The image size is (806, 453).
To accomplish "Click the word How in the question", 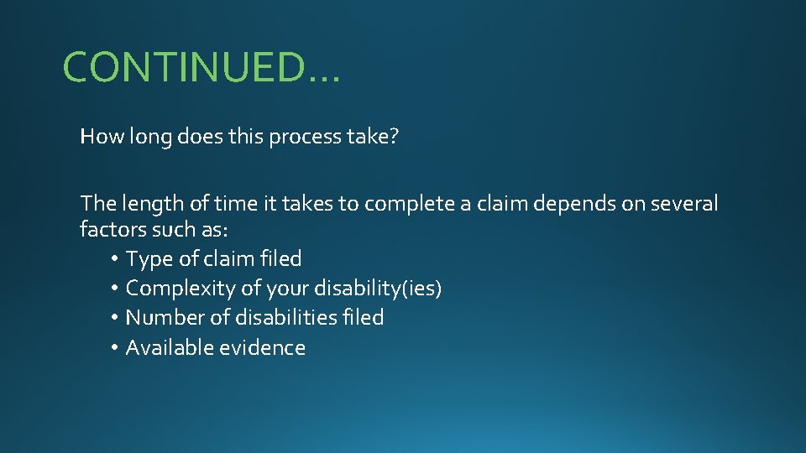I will [x=100, y=137].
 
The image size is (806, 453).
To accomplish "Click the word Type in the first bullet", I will [x=149, y=259].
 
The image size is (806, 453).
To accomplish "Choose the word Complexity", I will [x=181, y=289].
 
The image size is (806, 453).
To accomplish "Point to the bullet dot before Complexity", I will [x=114, y=289].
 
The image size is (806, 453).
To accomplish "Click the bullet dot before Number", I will [x=114, y=319].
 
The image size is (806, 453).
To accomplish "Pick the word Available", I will [x=170, y=348].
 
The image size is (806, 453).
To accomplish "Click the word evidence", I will [x=262, y=348].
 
